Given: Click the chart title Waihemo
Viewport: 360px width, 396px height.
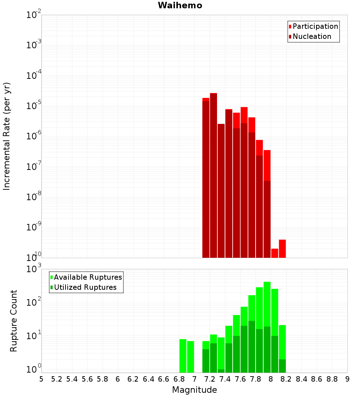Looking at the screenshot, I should (180, 6).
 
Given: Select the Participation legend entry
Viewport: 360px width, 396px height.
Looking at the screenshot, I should (315, 27).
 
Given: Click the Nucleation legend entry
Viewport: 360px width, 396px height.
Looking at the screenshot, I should (311, 37).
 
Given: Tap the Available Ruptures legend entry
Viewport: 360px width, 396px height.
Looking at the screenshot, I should (87, 278).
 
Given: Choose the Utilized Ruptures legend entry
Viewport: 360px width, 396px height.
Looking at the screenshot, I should (85, 288).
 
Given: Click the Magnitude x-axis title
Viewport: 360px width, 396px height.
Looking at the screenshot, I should (194, 390).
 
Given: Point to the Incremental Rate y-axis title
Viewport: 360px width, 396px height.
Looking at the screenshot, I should (7, 136).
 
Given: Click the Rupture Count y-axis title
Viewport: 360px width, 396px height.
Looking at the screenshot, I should (14, 321).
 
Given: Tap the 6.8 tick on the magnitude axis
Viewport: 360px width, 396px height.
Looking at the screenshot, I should (179, 379).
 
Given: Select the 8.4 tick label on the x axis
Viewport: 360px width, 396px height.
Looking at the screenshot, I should (301, 379).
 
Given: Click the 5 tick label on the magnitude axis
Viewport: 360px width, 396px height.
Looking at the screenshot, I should (41, 379).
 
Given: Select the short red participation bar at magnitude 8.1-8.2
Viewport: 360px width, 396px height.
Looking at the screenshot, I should (282, 249).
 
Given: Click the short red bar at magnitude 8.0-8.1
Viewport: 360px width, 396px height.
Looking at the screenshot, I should (275, 253).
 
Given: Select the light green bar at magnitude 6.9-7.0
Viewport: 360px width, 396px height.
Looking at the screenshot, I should (190, 357).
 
